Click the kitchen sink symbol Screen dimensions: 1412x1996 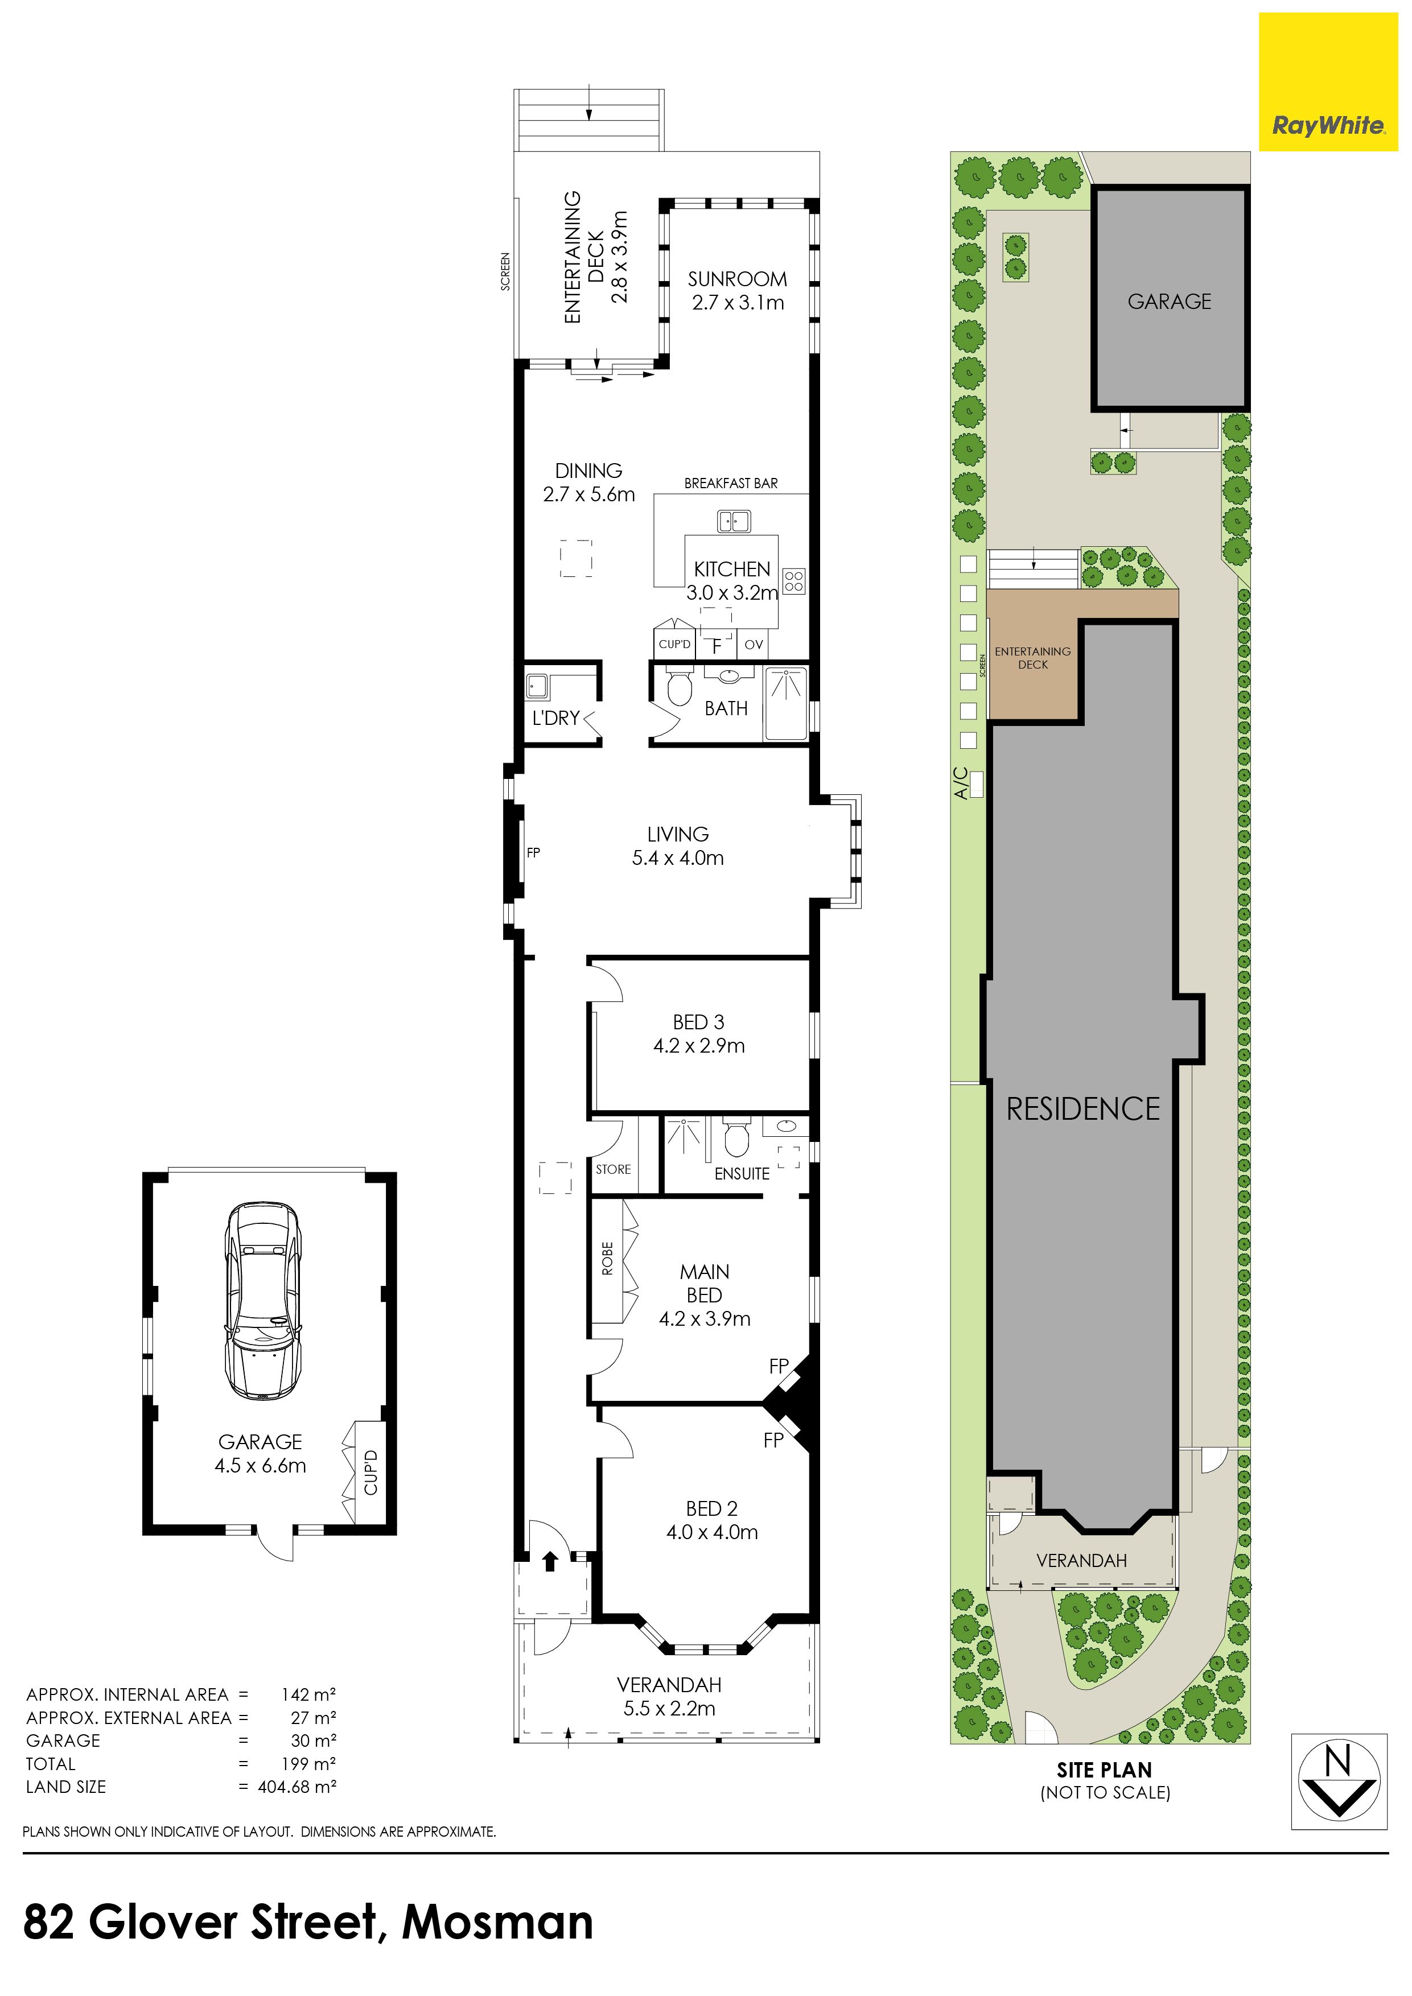click(734, 522)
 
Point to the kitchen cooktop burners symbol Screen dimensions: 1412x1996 click(794, 581)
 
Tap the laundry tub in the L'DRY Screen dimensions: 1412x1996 click(537, 687)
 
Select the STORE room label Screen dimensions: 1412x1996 click(613, 1169)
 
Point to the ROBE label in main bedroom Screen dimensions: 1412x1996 click(607, 1258)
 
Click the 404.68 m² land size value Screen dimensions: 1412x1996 click(297, 1787)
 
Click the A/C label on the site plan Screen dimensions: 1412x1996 click(961, 782)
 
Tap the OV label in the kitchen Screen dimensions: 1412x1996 click(754, 644)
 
